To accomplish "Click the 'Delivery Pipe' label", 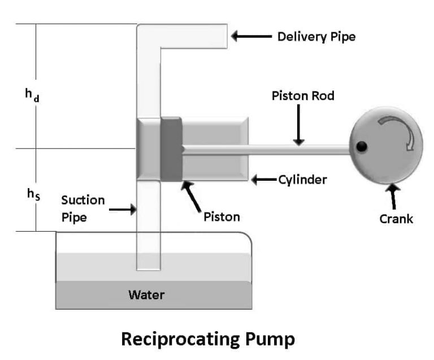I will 316,37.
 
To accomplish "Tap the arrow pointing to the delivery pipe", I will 251,37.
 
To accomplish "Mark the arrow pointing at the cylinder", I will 264,180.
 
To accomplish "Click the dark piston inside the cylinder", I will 171,150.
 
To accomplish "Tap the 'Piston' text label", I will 222,216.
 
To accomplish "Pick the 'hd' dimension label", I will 32,95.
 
